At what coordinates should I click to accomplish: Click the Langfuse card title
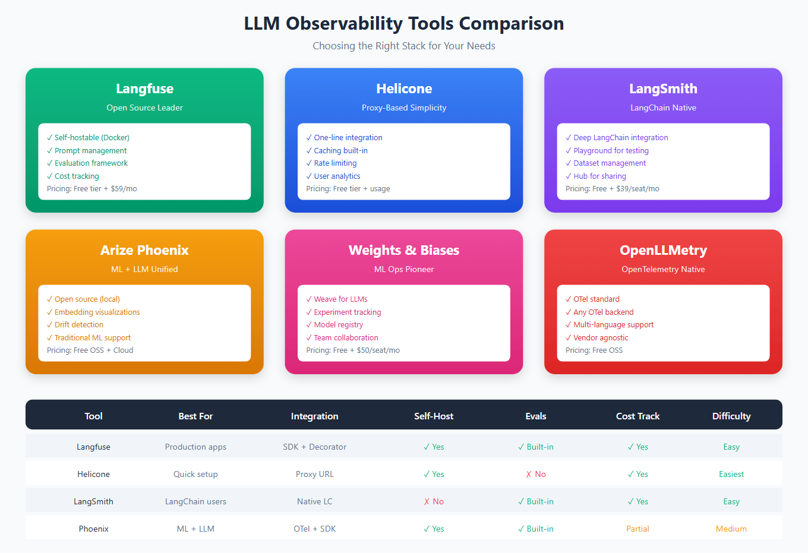(144, 89)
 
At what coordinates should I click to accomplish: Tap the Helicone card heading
(404, 89)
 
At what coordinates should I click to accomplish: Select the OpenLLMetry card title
(663, 250)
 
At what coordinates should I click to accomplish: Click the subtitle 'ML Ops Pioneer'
(404, 269)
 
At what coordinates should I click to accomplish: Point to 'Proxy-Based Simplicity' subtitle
(404, 108)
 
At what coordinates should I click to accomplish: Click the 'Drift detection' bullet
(78, 325)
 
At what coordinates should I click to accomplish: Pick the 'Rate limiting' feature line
(335, 163)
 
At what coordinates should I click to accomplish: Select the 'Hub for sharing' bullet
(599, 176)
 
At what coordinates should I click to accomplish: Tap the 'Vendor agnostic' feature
(601, 338)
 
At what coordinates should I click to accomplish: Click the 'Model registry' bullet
(338, 325)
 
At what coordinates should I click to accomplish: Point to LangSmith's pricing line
(612, 189)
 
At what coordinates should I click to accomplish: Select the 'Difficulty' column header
(731, 416)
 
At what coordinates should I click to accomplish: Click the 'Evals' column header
(536, 416)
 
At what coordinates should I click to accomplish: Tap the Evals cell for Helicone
(536, 475)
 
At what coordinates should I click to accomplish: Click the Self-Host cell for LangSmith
(434, 502)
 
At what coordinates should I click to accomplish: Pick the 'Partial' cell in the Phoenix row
(637, 529)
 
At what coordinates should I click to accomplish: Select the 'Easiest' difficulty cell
(731, 475)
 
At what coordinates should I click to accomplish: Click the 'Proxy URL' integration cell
(315, 475)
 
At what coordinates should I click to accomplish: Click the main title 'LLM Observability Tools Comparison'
(404, 24)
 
